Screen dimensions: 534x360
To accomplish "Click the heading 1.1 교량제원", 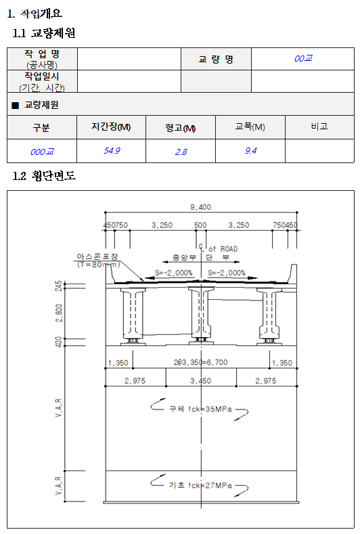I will (x=45, y=32).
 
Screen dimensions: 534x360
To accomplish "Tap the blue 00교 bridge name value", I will (x=303, y=59).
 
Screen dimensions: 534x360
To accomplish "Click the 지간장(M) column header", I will (x=111, y=127).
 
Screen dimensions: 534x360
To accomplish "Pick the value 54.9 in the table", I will (x=112, y=151).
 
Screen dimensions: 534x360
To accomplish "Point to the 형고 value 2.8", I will (x=181, y=152).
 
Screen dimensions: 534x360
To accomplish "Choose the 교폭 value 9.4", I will (x=250, y=151).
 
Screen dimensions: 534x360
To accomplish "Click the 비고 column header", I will (x=319, y=127).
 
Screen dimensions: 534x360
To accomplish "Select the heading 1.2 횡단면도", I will (x=45, y=176).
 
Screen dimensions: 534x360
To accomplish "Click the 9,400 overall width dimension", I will (x=200, y=207).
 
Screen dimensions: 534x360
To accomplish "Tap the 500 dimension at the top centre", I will (x=200, y=225).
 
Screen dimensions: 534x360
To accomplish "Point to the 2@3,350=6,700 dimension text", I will (x=200, y=363).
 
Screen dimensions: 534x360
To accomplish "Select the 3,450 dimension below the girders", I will (x=200, y=381).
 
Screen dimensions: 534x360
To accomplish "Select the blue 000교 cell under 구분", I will (x=42, y=152).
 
